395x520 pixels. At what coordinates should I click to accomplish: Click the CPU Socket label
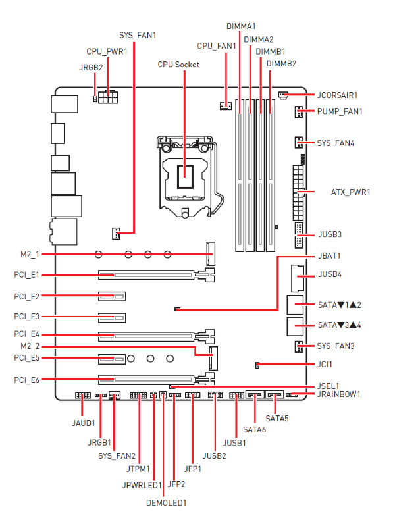coord(178,65)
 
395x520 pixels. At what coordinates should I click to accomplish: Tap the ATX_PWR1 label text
coord(350,192)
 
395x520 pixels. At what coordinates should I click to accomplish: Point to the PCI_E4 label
coord(26,335)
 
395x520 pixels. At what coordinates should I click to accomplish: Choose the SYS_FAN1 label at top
coord(138,34)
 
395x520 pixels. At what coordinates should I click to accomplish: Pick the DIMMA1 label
coord(240,26)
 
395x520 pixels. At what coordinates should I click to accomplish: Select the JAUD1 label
coord(84,423)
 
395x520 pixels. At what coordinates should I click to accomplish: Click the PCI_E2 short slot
coord(112,297)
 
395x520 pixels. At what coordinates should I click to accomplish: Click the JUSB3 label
coord(329,234)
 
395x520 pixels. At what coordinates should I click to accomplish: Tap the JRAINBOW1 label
coord(339,394)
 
